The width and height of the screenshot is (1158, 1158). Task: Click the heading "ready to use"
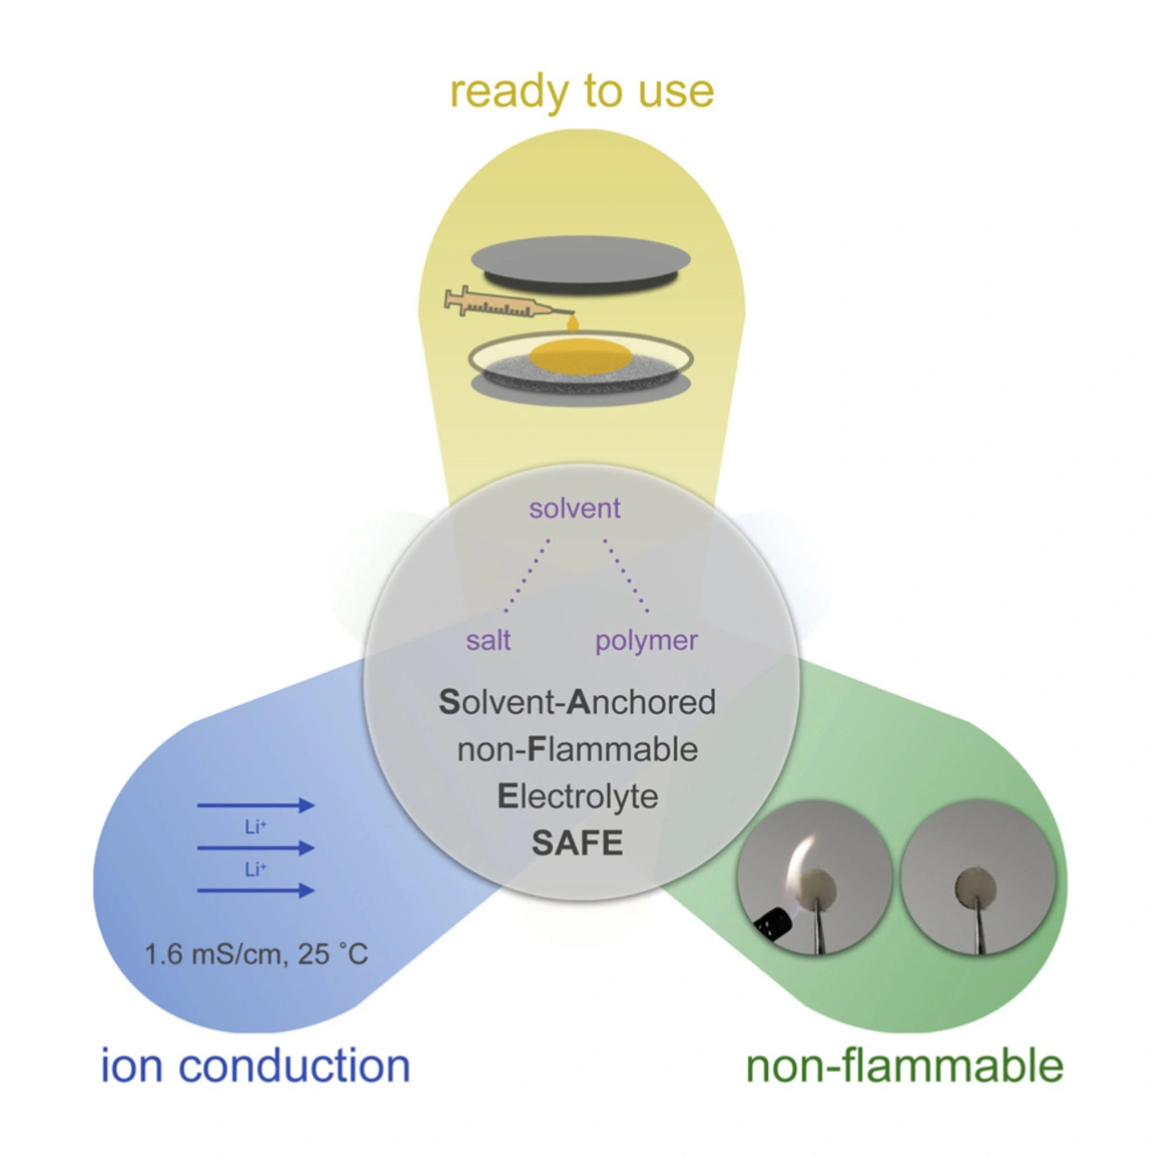click(x=582, y=91)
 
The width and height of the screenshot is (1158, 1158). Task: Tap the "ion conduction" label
click(x=256, y=1065)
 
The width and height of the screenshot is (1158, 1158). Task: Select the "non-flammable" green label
click(x=904, y=1066)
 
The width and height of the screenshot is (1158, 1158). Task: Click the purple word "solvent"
click(x=574, y=508)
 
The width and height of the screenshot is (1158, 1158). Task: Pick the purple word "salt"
click(x=489, y=641)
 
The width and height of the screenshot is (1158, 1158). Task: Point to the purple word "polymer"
click(x=646, y=641)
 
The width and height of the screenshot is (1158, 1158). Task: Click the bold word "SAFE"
click(x=577, y=843)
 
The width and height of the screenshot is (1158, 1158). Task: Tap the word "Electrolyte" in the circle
click(x=577, y=796)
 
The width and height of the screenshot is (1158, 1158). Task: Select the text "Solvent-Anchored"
click(x=577, y=702)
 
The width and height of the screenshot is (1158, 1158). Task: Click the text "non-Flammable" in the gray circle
click(x=577, y=749)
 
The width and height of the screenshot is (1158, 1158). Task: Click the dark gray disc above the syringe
click(x=580, y=262)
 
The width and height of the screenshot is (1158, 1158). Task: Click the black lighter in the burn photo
click(x=773, y=922)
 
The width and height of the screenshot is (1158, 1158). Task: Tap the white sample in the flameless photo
click(x=976, y=887)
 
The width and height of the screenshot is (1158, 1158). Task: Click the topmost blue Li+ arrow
click(x=255, y=805)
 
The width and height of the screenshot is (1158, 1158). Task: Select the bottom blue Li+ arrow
click(x=255, y=891)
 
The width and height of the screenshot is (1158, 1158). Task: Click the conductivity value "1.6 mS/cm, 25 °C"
click(x=257, y=954)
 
